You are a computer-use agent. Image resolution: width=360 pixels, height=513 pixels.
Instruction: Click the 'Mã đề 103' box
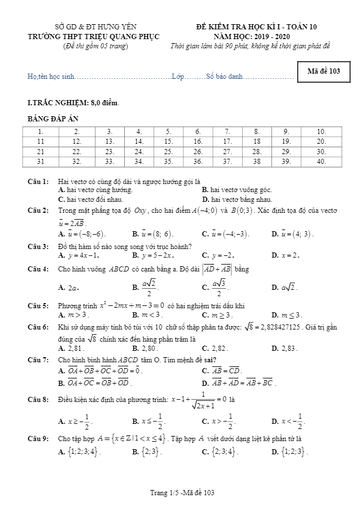point(324,71)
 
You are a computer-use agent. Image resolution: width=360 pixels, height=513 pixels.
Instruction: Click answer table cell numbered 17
point(227,141)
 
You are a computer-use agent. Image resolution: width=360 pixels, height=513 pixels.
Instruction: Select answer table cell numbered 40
point(321,162)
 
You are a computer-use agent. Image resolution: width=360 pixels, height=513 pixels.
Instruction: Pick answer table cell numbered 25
point(168,151)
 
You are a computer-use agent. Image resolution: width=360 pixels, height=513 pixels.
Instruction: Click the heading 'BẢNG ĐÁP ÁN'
point(53,118)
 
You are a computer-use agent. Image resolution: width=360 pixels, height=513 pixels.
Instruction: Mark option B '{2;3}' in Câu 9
point(144,451)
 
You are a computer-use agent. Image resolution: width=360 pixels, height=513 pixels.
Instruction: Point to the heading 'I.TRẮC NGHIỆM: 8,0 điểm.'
point(73,103)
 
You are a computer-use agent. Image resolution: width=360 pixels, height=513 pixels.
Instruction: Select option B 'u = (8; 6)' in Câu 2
point(152,234)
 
